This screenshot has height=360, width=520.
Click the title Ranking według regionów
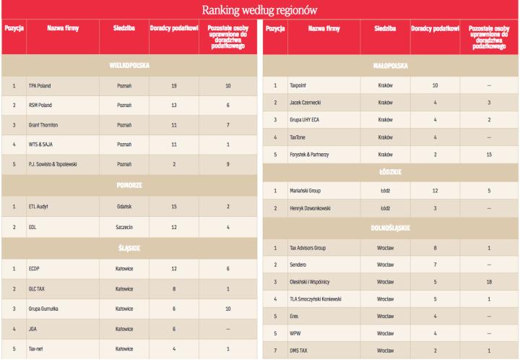click(x=259, y=10)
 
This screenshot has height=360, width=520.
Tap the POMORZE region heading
click(x=129, y=184)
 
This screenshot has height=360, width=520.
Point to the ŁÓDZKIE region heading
click(x=389, y=172)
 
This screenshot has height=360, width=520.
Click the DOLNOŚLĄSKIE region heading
click(x=389, y=228)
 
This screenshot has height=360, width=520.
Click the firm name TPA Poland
click(x=40, y=85)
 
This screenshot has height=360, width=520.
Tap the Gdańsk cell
click(x=123, y=206)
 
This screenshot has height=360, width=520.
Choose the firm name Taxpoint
click(x=299, y=85)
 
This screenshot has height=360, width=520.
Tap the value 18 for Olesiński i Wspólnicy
click(x=489, y=281)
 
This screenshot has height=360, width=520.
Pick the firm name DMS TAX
click(x=298, y=349)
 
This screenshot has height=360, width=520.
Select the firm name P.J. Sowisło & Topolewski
click(x=53, y=164)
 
